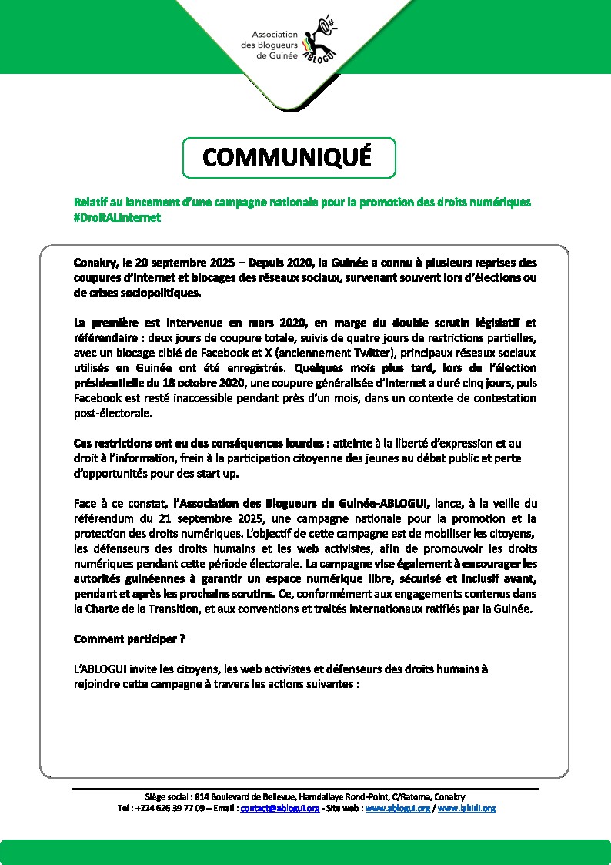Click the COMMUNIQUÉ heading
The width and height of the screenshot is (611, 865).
(x=287, y=157)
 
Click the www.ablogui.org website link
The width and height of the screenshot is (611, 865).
(x=398, y=809)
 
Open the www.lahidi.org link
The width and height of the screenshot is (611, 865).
(x=466, y=809)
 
